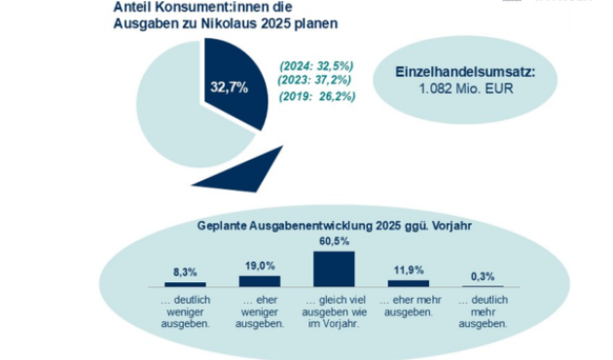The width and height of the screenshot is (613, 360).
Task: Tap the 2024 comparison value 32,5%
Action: (x=316, y=65)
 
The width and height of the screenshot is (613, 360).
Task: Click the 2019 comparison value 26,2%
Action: (x=316, y=96)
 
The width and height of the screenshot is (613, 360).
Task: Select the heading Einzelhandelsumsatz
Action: (x=466, y=74)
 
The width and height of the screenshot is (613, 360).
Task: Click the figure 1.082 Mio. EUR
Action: (x=466, y=92)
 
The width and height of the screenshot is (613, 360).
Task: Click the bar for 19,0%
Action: (x=259, y=281)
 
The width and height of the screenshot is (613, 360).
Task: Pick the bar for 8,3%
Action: (x=184, y=284)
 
